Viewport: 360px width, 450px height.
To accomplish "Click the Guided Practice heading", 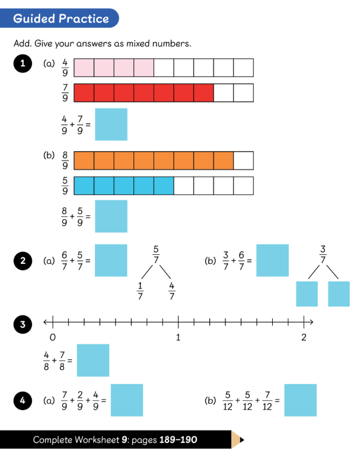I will pyautogui.click(x=61, y=18).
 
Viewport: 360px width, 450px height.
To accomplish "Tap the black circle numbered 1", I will pyautogui.click(x=23, y=65).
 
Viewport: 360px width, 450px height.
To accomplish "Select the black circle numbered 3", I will pyautogui.click(x=23, y=324).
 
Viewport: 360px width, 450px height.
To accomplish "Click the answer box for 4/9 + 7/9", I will pyautogui.click(x=111, y=124).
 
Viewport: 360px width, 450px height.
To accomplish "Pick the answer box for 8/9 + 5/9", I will pyautogui.click(x=111, y=216).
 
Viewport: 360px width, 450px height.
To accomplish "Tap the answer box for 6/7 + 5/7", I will pyautogui.click(x=111, y=260).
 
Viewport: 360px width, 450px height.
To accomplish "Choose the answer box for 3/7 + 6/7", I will pyautogui.click(x=272, y=260).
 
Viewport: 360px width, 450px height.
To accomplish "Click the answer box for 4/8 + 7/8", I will pyautogui.click(x=93, y=360).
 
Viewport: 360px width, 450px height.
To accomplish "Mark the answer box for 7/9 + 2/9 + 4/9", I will pyautogui.click(x=127, y=400).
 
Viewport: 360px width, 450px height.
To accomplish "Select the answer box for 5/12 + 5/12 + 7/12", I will pyautogui.click(x=300, y=400).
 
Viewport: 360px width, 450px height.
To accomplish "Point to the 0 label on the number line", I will pyautogui.click(x=53, y=337).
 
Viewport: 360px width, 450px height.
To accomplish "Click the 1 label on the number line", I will pyautogui.click(x=178, y=337).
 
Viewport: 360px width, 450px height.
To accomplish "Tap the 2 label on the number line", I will pyautogui.click(x=304, y=337).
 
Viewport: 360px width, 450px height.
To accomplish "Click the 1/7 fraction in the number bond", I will pyautogui.click(x=140, y=292).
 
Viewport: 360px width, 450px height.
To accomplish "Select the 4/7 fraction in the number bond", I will pyautogui.click(x=172, y=292).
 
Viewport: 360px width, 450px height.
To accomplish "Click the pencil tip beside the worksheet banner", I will pyautogui.click(x=238, y=440).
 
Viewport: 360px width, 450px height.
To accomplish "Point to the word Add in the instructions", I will pyautogui.click(x=22, y=44).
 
